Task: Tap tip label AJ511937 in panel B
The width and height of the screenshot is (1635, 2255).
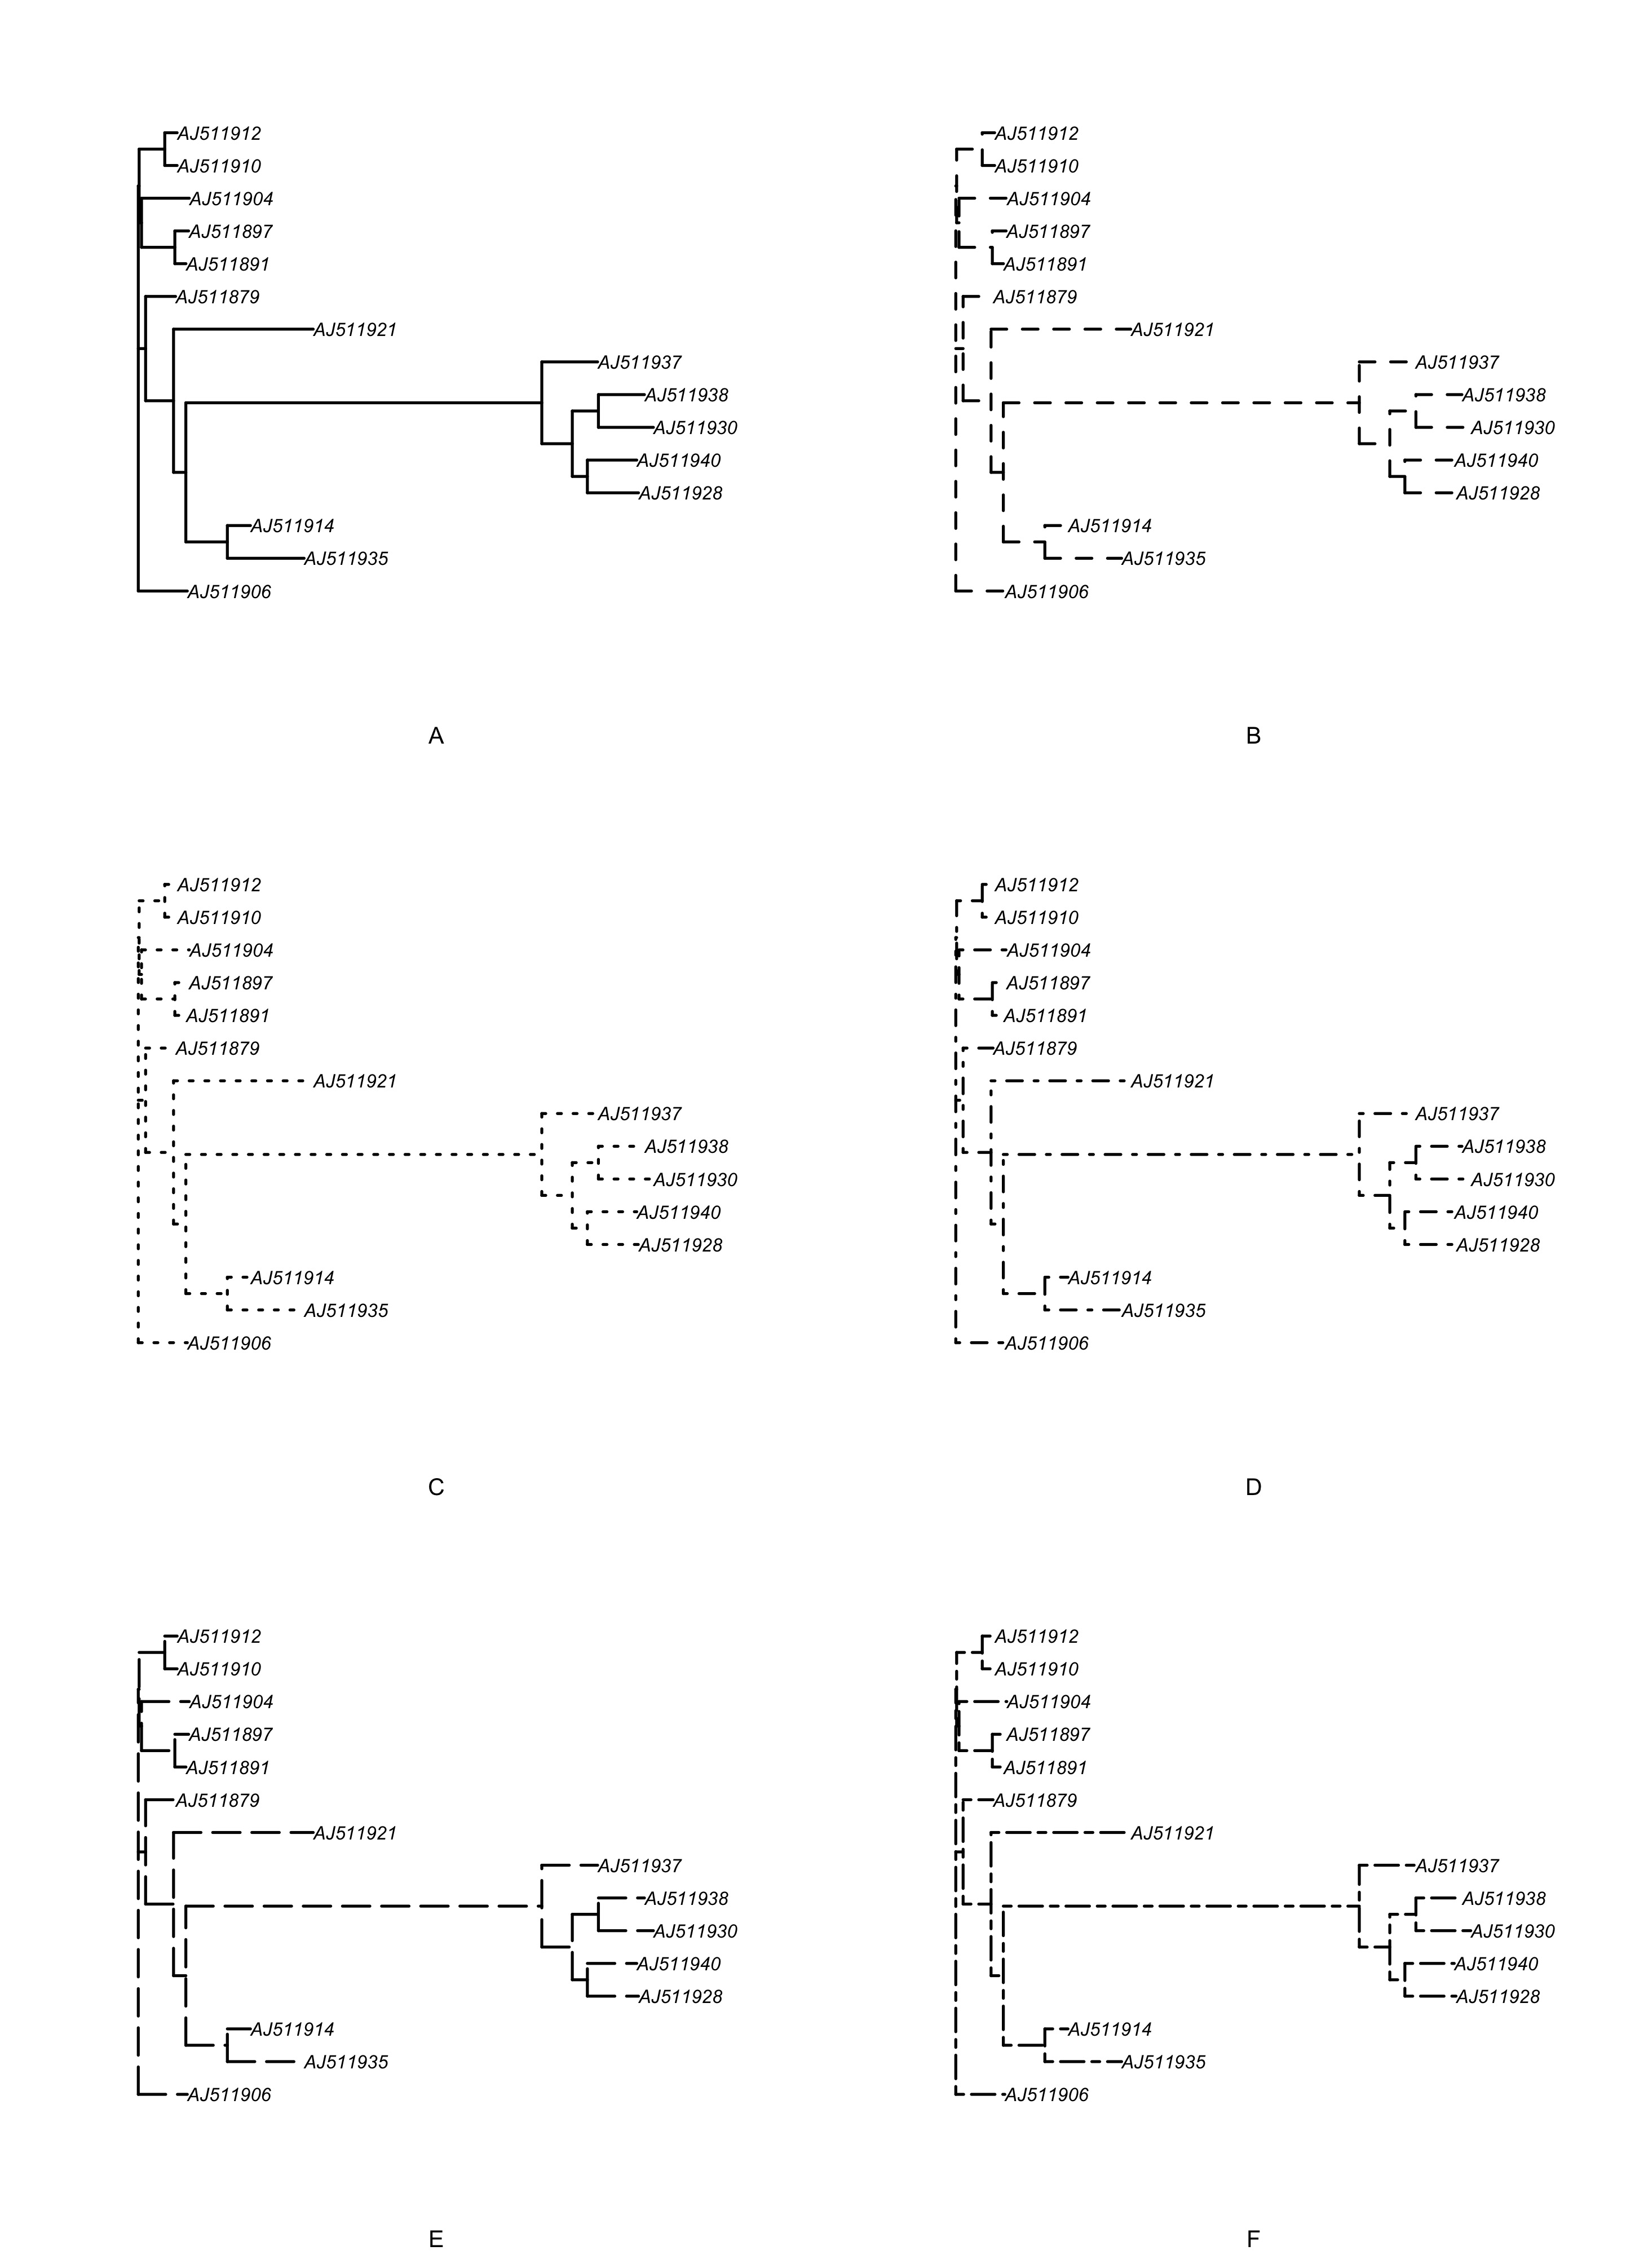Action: pyautogui.click(x=1457, y=363)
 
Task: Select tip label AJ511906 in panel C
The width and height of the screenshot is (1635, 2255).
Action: pyautogui.click(x=229, y=1343)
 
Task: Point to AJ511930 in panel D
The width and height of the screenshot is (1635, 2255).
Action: pyautogui.click(x=1513, y=1180)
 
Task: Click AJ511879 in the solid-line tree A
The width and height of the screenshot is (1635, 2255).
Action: pyautogui.click(x=218, y=297)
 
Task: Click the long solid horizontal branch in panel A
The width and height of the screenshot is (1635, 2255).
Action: pyautogui.click(x=363, y=403)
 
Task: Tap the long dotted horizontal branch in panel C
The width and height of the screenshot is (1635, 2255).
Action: pyautogui.click(x=363, y=1155)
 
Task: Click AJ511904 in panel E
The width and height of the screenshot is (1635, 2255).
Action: pyautogui.click(x=232, y=1702)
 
